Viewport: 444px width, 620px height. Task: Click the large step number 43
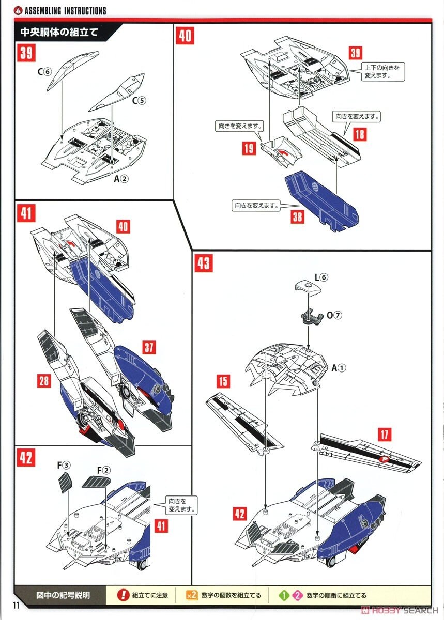point(203,263)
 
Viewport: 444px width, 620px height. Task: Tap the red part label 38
point(297,217)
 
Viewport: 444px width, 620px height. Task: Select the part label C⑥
point(44,72)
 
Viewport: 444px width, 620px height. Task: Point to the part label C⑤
point(139,101)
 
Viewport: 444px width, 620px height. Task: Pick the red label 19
point(249,149)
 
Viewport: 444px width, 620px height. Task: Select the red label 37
point(149,347)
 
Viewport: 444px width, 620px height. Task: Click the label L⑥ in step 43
point(320,277)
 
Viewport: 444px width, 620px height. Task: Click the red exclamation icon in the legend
point(123,595)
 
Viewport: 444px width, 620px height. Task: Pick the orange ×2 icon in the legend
point(191,595)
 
